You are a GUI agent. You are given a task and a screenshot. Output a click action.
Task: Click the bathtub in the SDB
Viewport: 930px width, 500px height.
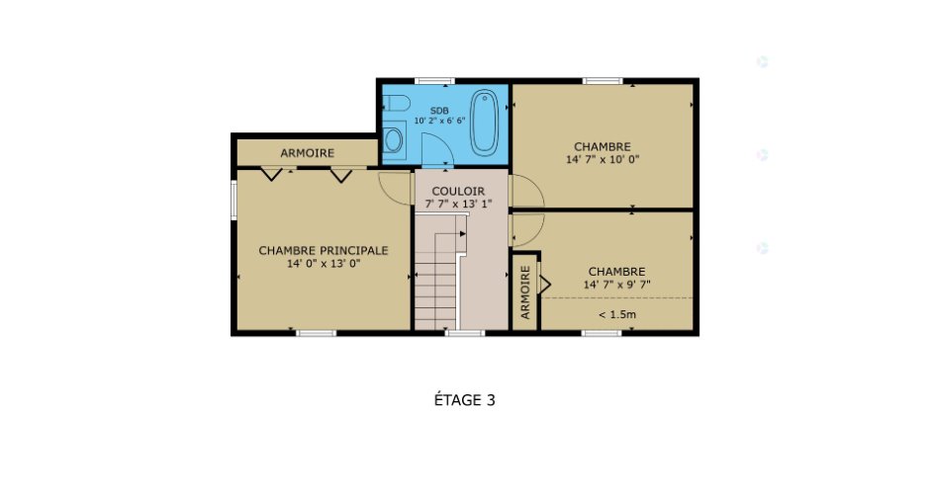pyautogui.click(x=484, y=123)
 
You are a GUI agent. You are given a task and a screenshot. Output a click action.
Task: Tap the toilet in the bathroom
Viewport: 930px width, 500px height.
pyautogui.click(x=396, y=106)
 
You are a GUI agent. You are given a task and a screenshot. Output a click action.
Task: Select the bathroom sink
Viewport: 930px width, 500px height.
pyautogui.click(x=393, y=140)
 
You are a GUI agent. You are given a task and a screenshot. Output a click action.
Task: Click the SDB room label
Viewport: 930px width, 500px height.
pyautogui.click(x=439, y=111)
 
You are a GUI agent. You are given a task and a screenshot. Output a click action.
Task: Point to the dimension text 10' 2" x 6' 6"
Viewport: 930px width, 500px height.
pyautogui.click(x=439, y=121)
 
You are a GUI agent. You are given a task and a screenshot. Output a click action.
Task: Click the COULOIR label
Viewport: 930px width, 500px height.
pyautogui.click(x=458, y=192)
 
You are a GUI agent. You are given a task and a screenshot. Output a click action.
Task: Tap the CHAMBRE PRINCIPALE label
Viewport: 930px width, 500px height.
pyautogui.click(x=324, y=251)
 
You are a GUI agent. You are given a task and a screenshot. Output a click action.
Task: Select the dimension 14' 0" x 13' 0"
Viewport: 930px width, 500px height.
pyautogui.click(x=324, y=264)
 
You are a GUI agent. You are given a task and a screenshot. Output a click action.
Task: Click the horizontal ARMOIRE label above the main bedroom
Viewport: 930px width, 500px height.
pyautogui.click(x=308, y=153)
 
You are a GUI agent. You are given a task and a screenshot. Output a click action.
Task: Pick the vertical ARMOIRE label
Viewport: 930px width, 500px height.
pyautogui.click(x=525, y=292)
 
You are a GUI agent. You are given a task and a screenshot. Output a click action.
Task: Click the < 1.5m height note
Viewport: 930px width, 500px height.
pyautogui.click(x=616, y=314)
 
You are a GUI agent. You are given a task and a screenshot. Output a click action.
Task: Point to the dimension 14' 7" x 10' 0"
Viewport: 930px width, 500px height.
pyautogui.click(x=603, y=159)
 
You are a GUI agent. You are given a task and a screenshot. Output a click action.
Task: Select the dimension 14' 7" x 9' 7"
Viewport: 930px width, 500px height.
pyautogui.click(x=616, y=285)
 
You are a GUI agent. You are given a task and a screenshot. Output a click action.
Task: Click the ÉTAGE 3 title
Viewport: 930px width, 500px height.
pyautogui.click(x=464, y=400)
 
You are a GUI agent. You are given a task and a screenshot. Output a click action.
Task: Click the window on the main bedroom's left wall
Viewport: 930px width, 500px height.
pyautogui.click(x=233, y=201)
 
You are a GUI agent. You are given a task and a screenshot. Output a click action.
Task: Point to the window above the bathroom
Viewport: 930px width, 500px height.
pyautogui.click(x=434, y=81)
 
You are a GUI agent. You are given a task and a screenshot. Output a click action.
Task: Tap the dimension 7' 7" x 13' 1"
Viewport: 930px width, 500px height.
pyautogui.click(x=458, y=204)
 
